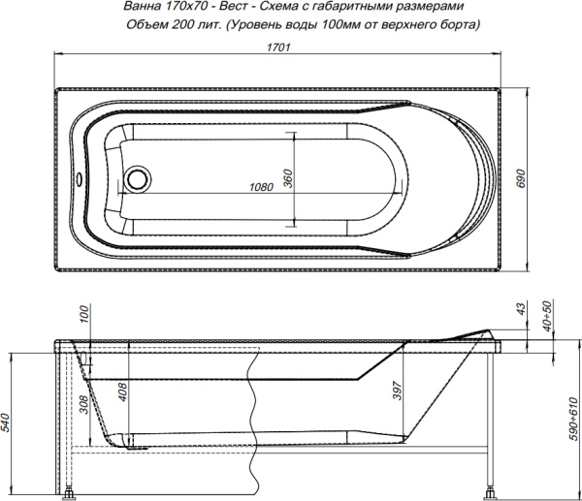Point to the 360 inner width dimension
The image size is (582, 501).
click(288, 177)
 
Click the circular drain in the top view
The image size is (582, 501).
click(138, 178)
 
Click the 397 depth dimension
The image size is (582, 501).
click(398, 390)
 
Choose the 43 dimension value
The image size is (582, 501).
click(521, 309)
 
